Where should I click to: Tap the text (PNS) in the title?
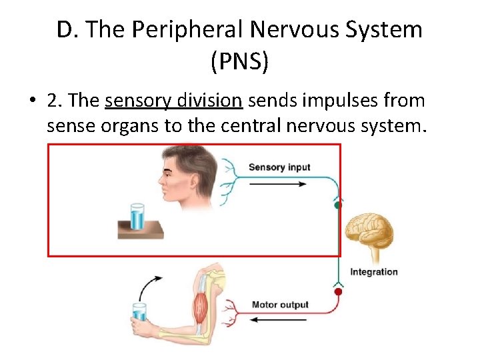[239, 62]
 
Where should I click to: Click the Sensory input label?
[279, 167]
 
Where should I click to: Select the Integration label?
[373, 272]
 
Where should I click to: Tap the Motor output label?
[280, 305]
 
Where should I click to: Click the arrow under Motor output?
[279, 320]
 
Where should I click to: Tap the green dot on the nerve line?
[337, 206]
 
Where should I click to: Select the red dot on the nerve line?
[338, 291]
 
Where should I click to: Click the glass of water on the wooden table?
[138, 216]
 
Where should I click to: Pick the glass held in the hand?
[139, 313]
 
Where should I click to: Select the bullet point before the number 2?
[31, 101]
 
